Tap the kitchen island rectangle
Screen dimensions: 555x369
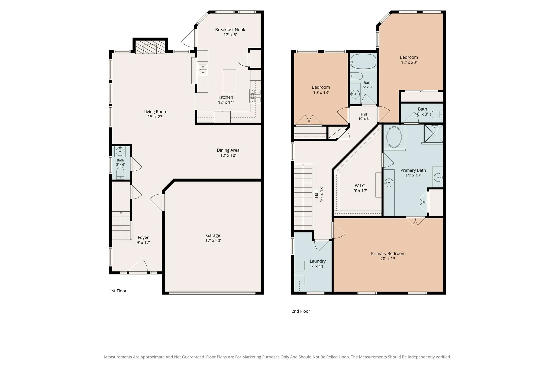pyautogui.click(x=229, y=82)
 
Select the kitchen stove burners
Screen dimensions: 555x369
pyautogui.click(x=255, y=96)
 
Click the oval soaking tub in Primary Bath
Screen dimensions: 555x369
pyautogui.click(x=394, y=137)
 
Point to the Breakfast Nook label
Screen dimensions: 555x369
pyautogui.click(x=230, y=32)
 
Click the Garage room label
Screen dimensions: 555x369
pyautogui.click(x=213, y=238)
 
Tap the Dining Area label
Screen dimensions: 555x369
pyautogui.click(x=228, y=153)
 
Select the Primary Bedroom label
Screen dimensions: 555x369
pyautogui.click(x=388, y=256)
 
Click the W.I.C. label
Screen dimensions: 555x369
pyautogui.click(x=360, y=188)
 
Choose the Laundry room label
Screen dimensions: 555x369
pyautogui.click(x=318, y=264)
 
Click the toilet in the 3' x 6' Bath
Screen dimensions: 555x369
pyautogui.click(x=120, y=173)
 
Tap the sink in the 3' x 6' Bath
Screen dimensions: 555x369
pyautogui.click(x=120, y=151)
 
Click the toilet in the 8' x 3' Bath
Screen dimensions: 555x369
pyautogui.click(x=437, y=115)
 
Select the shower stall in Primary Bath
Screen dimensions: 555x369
pyautogui.click(x=434, y=133)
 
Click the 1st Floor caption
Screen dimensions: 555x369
pyautogui.click(x=118, y=291)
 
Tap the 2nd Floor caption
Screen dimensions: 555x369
pyautogui.click(x=301, y=311)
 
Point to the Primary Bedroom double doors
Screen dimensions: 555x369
pyautogui.click(x=415, y=221)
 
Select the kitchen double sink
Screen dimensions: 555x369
pyautogui.click(x=203, y=69)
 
